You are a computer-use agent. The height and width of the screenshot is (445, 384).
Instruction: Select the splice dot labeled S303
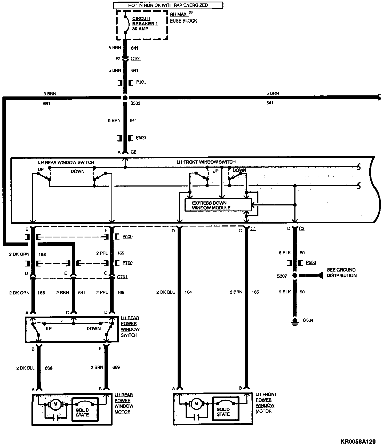125,98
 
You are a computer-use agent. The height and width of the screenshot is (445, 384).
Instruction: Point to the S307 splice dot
295,276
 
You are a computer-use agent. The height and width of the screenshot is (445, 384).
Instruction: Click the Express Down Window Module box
218,205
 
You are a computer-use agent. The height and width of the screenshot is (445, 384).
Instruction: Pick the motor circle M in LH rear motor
55,404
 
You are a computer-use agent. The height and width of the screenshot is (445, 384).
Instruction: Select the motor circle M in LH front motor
197,404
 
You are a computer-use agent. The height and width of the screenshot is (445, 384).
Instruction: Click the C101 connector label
136,59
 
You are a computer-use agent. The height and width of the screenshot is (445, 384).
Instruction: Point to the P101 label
141,82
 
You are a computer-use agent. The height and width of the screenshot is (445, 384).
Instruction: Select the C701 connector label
122,277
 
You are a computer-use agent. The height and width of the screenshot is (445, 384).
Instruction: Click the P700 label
127,263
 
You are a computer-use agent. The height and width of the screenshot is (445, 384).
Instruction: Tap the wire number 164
188,292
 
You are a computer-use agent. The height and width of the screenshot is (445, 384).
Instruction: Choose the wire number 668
49,368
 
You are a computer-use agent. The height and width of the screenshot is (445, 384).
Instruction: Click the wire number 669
116,367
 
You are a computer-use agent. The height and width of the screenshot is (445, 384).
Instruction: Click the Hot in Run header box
168,5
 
